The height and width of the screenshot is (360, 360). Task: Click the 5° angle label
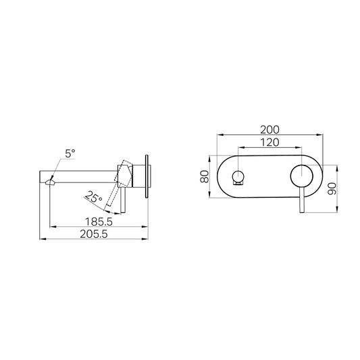click(70, 153)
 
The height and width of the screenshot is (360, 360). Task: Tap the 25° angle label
click(93, 197)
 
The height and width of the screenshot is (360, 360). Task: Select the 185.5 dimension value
click(99, 222)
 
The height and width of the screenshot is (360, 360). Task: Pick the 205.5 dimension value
click(94, 234)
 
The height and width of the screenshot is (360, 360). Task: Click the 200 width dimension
click(269, 130)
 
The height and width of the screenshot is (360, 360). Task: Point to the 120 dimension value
click(269, 143)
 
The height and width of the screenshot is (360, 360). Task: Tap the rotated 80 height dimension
click(205, 176)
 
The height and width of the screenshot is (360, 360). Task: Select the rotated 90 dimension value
click(332, 188)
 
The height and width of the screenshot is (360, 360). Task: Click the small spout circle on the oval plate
click(238, 176)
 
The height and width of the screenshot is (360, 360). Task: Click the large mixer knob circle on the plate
click(301, 176)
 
